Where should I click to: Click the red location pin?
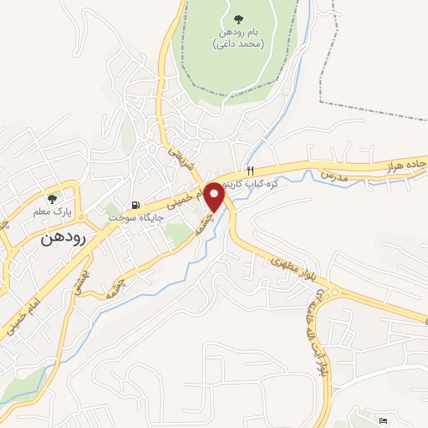(214, 195)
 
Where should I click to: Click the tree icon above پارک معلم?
(53, 199)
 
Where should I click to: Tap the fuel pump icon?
(135, 205)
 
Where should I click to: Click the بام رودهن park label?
(241, 31)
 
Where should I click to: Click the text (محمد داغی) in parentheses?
(241, 43)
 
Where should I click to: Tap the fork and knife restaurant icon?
(250, 170)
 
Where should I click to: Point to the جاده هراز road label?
(404, 165)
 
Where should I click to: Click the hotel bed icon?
(383, 419)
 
